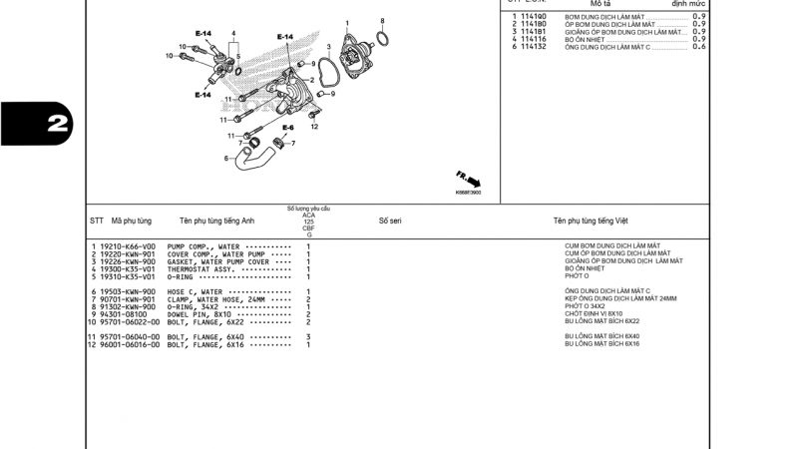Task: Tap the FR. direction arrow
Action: tap(469, 180)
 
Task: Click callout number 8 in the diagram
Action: tap(382, 21)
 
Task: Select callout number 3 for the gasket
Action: tap(328, 47)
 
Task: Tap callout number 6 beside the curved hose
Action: tap(226, 158)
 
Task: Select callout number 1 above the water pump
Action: tap(347, 23)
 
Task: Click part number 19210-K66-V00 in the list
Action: tap(128, 245)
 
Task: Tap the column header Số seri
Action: tap(390, 221)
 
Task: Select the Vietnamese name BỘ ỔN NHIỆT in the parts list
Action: tap(585, 269)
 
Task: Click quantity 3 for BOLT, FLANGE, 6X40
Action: tap(308, 337)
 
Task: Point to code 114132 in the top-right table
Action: tap(535, 47)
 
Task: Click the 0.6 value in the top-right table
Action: tap(698, 47)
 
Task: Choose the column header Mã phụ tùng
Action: tap(131, 221)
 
